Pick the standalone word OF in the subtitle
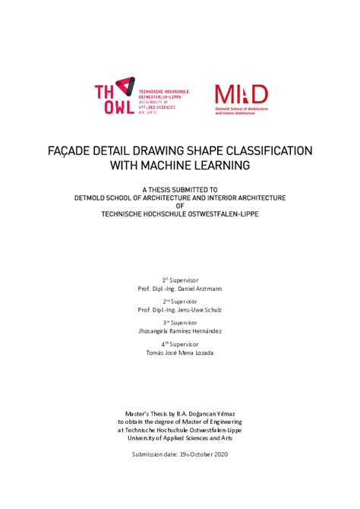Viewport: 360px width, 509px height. (x=180, y=205)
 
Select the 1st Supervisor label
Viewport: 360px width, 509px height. (x=180, y=280)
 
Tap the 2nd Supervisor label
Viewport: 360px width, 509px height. (x=180, y=301)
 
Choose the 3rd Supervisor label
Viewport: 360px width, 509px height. (x=180, y=322)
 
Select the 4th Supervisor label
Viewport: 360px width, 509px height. (x=180, y=343)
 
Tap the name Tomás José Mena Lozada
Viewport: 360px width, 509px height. (x=180, y=353)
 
